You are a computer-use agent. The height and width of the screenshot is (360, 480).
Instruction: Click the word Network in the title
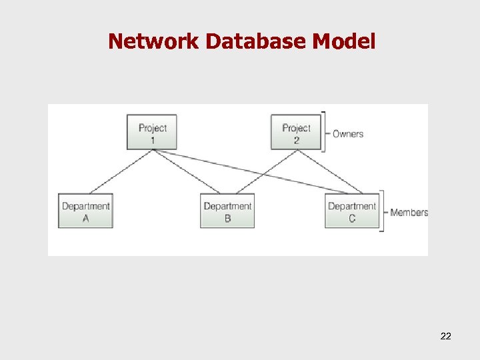153,42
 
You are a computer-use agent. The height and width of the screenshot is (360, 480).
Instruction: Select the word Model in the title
344,42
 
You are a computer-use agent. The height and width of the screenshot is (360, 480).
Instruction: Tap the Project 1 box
152,132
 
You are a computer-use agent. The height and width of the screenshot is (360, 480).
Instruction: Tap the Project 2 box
296,132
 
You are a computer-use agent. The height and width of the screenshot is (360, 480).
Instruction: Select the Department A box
85,211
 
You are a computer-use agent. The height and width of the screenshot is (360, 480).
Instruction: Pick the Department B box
227,211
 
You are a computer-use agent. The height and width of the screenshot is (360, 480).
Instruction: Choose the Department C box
352,211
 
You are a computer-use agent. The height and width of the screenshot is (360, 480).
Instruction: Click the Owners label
348,133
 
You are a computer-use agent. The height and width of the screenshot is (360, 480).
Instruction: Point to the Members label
409,212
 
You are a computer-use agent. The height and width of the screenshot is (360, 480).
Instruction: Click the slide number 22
446,336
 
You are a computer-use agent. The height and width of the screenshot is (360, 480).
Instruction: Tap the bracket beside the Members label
383,211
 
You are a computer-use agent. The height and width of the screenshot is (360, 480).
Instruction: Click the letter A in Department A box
85,218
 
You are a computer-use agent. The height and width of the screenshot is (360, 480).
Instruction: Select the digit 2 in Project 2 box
296,140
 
